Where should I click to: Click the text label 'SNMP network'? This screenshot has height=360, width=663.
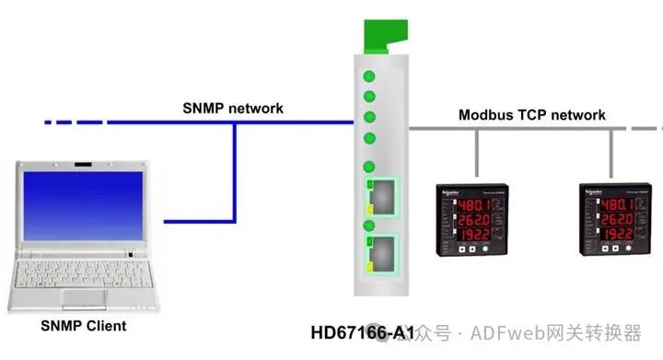pyautogui.click(x=232, y=109)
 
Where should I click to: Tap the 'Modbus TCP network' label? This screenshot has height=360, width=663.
pyautogui.click(x=531, y=115)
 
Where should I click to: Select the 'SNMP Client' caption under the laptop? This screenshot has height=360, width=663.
pyautogui.click(x=84, y=326)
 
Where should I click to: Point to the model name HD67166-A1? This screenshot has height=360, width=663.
pyautogui.click(x=362, y=330)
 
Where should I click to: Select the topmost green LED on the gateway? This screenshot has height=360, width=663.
pyautogui.click(x=369, y=76)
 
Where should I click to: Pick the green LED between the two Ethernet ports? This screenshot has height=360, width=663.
pyautogui.click(x=369, y=225)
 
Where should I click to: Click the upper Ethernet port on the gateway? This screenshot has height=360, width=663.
pyautogui.click(x=383, y=196)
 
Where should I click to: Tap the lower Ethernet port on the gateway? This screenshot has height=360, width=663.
pyautogui.click(x=383, y=252)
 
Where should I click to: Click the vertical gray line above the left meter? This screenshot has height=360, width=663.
pyautogui.click(x=476, y=152)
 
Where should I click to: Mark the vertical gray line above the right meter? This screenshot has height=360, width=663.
pyautogui.click(x=611, y=152)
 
